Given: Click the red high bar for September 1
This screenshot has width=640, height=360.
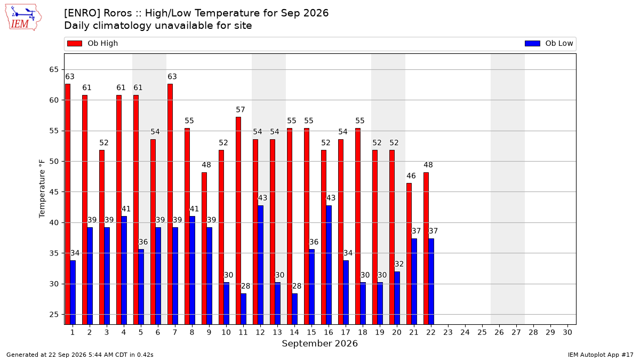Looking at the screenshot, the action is (x=68, y=204).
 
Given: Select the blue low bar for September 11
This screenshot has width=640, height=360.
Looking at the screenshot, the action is (x=243, y=309).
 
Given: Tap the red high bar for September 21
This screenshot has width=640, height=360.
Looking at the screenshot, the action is (x=409, y=254).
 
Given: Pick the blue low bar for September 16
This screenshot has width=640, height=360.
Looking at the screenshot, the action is (x=329, y=265).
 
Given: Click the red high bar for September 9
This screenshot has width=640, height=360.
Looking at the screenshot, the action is (x=204, y=249).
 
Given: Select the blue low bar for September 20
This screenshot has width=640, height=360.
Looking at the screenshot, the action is (x=397, y=298).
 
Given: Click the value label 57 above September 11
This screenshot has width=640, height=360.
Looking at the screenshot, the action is (x=241, y=110).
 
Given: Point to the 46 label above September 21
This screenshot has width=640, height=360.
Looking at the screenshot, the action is (x=411, y=175).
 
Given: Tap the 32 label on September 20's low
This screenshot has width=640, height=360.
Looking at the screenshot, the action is (x=399, y=264).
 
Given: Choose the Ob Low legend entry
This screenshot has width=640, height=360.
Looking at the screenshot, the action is (x=549, y=43).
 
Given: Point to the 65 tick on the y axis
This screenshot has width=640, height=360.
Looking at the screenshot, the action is (x=54, y=70).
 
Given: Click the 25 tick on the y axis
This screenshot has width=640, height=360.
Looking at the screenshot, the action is (x=54, y=315).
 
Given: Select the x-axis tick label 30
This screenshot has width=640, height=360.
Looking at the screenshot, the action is (x=567, y=332).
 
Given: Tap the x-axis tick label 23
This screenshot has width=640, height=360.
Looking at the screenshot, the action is (x=448, y=332).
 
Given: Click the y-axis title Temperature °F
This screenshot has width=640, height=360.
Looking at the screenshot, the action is (x=42, y=189).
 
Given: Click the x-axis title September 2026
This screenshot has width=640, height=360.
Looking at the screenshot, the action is (x=319, y=343).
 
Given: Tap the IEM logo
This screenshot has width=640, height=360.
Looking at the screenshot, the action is (x=23, y=18).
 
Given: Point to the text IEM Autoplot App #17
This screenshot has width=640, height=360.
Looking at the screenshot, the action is (x=601, y=355).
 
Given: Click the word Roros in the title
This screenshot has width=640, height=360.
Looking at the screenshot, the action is (x=118, y=13).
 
